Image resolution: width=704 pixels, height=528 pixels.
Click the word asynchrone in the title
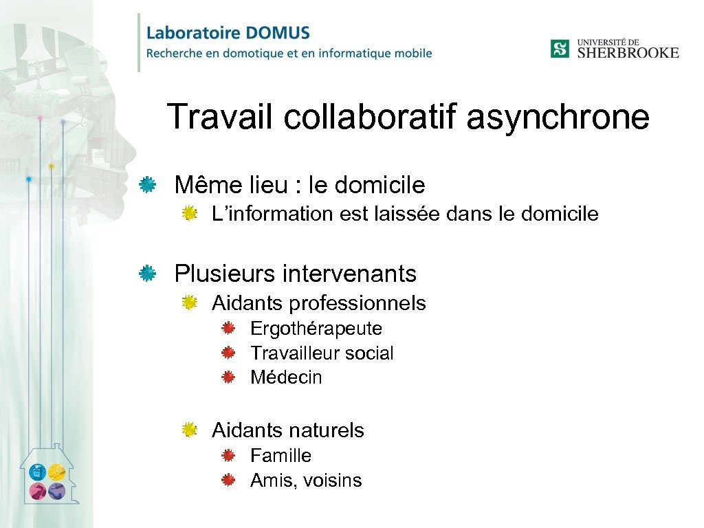(x=558, y=117)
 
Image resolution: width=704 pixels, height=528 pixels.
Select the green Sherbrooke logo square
(x=560, y=49)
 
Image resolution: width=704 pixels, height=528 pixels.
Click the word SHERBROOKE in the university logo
(x=627, y=53)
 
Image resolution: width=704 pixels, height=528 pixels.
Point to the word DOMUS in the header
(x=275, y=33)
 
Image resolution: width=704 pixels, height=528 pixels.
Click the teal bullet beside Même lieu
(x=146, y=184)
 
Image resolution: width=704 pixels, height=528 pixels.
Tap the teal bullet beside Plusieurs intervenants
(x=146, y=274)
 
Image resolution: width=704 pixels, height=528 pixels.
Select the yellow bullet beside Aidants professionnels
(x=190, y=302)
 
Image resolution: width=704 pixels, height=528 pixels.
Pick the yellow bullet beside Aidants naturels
(x=190, y=430)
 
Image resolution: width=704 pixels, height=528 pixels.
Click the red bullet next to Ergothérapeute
(x=229, y=328)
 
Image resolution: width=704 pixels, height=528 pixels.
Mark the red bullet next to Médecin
(x=229, y=377)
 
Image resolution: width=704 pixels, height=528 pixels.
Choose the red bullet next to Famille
(x=229, y=455)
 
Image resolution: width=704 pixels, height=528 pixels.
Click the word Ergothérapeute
(x=316, y=329)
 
